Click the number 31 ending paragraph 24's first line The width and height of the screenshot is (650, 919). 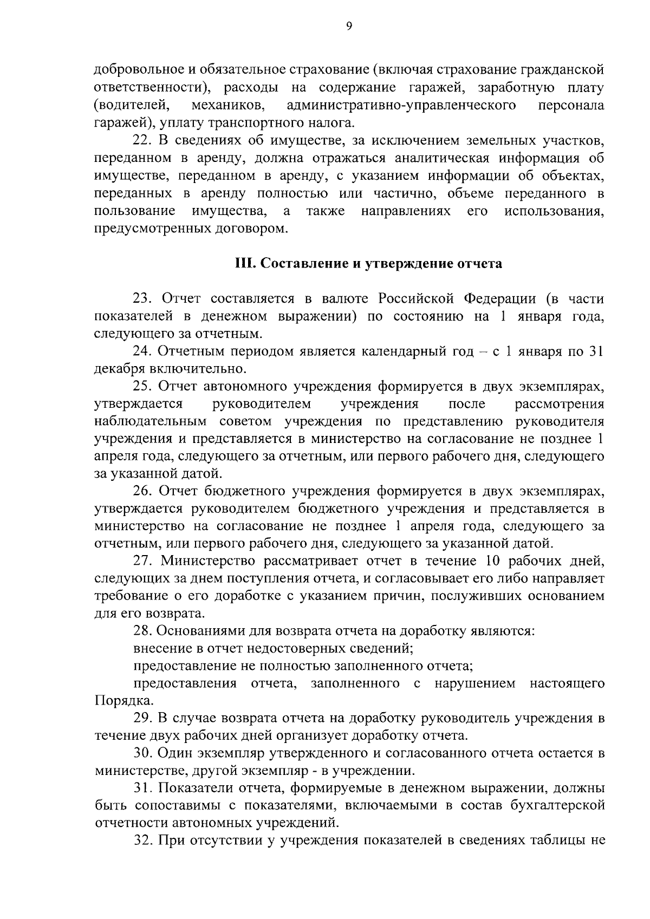coord(596,351)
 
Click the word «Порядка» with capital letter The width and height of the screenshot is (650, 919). coord(117,701)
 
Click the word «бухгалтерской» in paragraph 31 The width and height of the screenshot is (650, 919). coord(557,806)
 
